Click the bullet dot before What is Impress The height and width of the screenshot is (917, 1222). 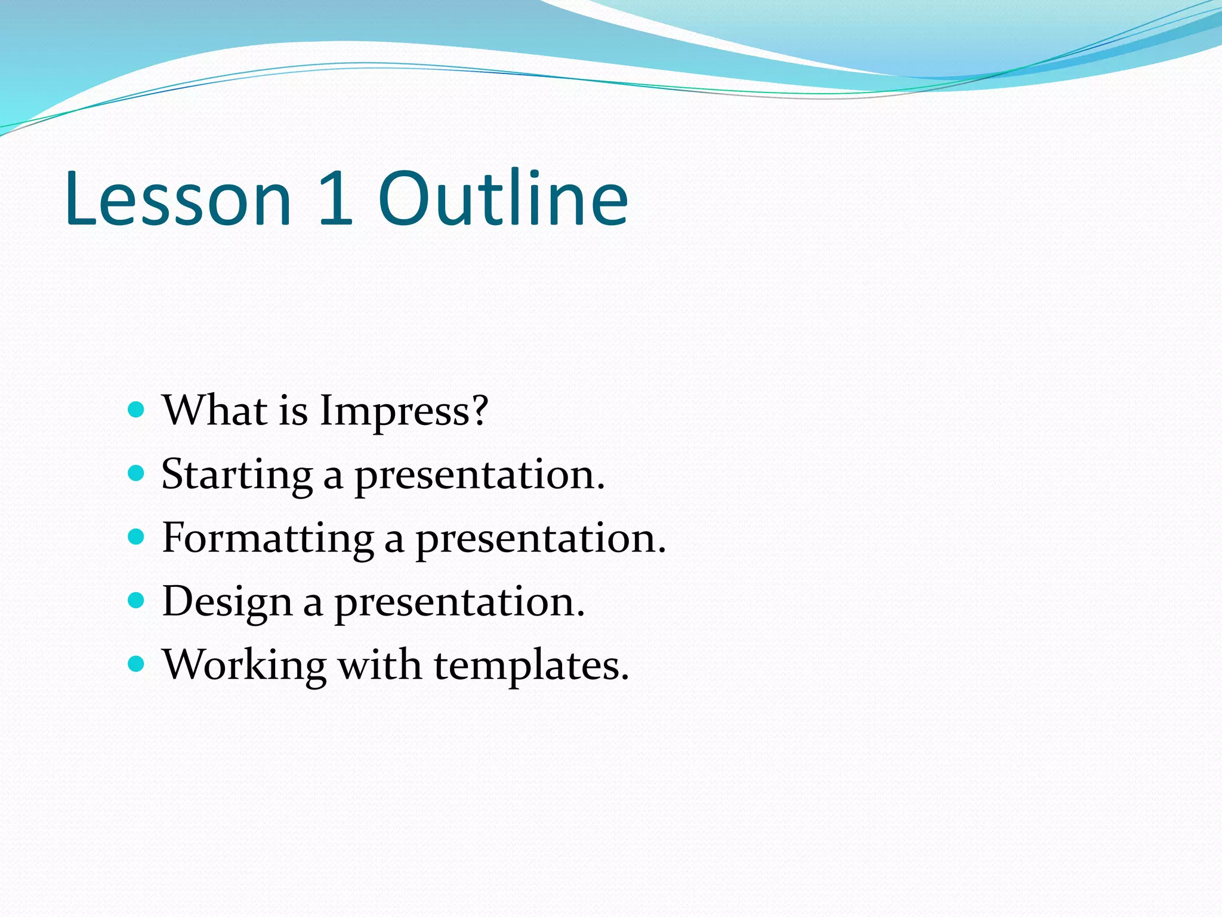pyautogui.click(x=137, y=410)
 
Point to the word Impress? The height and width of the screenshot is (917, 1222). pyautogui.click(x=404, y=412)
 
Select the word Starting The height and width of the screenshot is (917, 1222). pyautogui.click(x=237, y=476)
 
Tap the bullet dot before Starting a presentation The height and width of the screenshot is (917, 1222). pyautogui.click(x=137, y=474)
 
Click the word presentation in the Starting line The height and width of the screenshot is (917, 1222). pyautogui.click(x=480, y=476)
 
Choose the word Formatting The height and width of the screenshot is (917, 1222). pyautogui.click(x=268, y=540)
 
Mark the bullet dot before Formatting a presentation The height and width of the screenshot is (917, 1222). pyautogui.click(x=137, y=537)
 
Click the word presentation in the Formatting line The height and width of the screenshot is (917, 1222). pyautogui.click(x=540, y=540)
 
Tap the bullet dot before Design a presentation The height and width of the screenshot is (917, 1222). pyautogui.click(x=137, y=601)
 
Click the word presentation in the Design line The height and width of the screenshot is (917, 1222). pyautogui.click(x=459, y=603)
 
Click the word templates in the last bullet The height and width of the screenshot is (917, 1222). pyautogui.click(x=531, y=666)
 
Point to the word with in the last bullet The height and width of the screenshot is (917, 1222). pyautogui.click(x=379, y=665)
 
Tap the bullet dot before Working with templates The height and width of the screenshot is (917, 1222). pyautogui.click(x=137, y=664)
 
